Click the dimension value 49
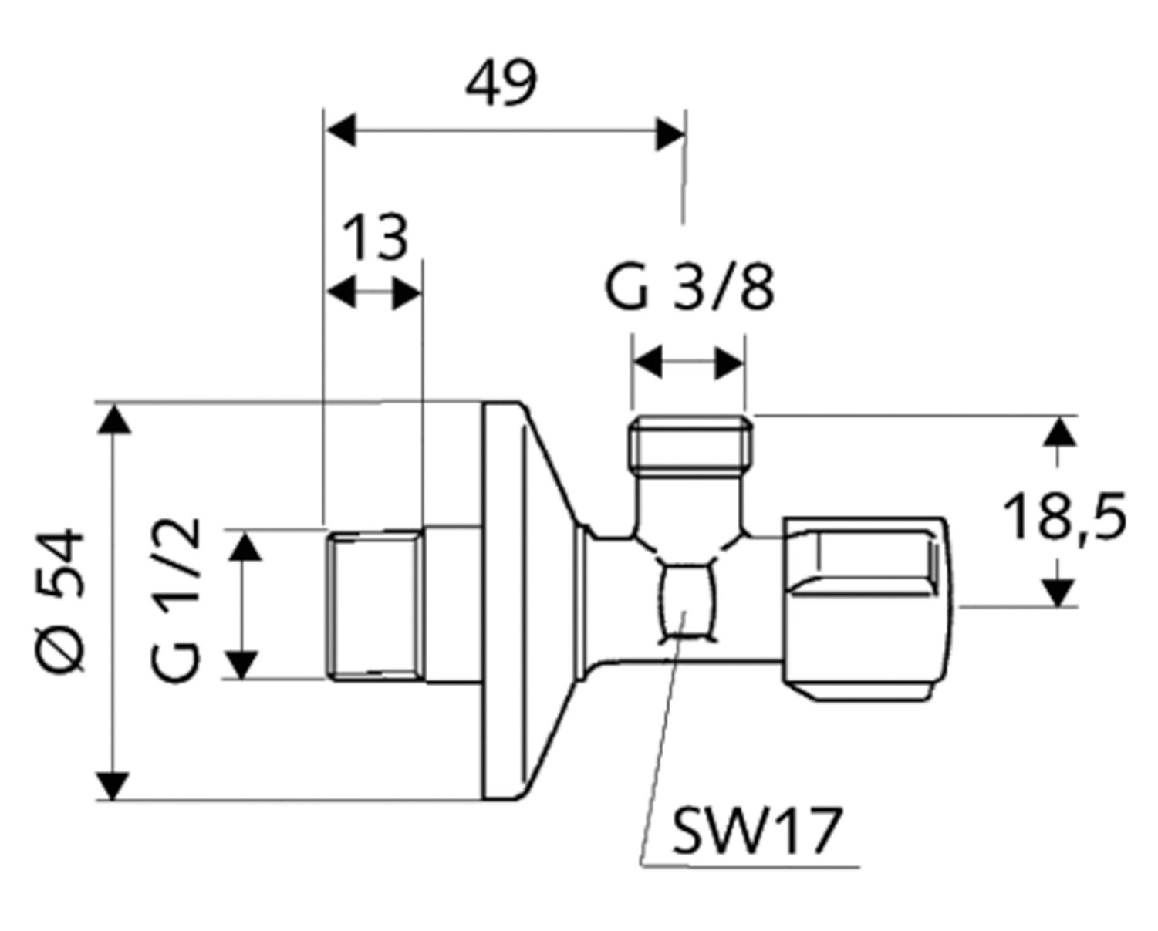[x=501, y=84]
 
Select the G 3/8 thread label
[x=689, y=288]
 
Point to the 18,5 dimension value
[x=1065, y=518]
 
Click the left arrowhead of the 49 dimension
[x=340, y=131]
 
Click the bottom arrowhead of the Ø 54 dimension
[x=114, y=784]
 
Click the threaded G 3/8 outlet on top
[x=690, y=443]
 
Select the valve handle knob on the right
[x=864, y=609]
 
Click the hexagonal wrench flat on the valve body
[x=685, y=601]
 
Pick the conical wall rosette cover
[x=525, y=602]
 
